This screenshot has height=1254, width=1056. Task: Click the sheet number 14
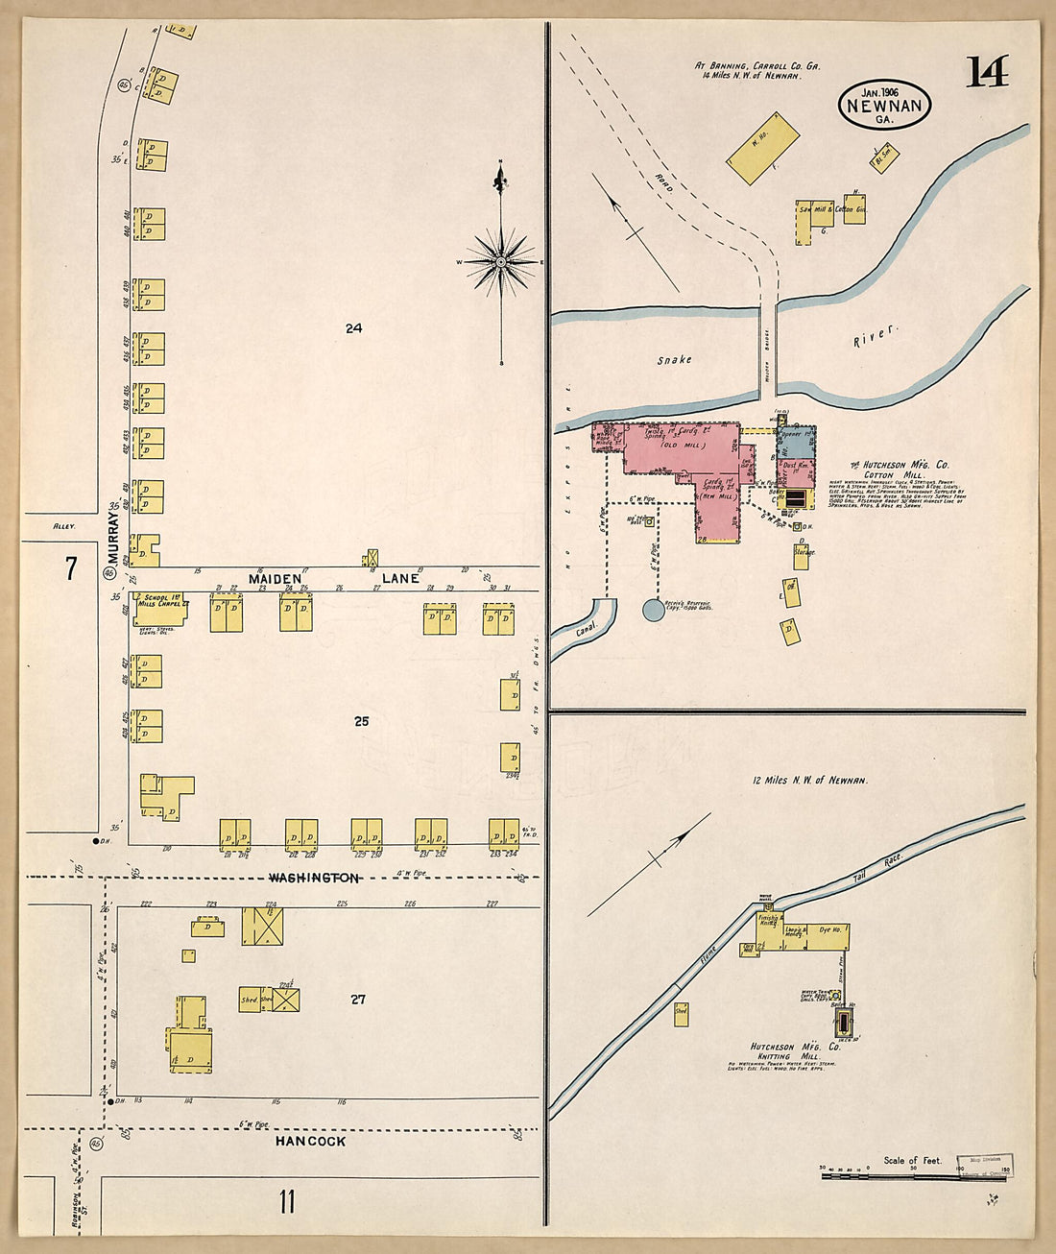(x=987, y=72)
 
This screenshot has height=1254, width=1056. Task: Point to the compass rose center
(x=501, y=261)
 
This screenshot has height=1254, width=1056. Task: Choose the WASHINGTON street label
(x=314, y=878)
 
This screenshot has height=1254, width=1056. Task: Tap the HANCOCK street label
(x=310, y=1141)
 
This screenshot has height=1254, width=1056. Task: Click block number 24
(x=353, y=328)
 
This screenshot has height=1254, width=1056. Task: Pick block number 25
(x=361, y=721)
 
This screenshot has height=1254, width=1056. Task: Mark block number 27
(x=358, y=1000)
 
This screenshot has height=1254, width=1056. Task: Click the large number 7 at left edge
(x=70, y=568)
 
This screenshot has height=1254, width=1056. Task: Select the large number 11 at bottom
(x=286, y=1201)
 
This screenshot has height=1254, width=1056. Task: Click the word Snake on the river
(x=674, y=360)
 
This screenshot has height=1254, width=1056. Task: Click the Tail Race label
(x=867, y=874)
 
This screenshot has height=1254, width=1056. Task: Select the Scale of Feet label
(x=912, y=1161)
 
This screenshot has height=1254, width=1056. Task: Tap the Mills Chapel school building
(x=158, y=608)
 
